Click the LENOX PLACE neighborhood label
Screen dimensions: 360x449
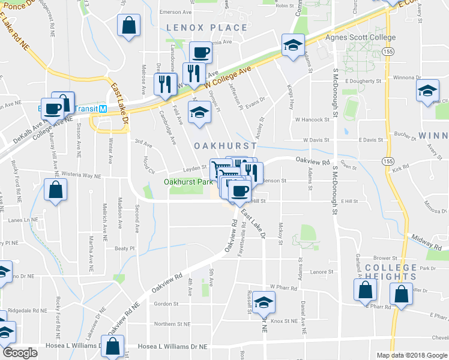tap(206, 28)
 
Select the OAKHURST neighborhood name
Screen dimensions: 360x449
tap(225, 146)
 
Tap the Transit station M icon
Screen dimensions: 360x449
tap(103, 109)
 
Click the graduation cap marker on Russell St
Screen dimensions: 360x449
tap(263, 302)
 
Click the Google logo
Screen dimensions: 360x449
tap(20, 353)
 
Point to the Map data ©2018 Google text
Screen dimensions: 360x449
tap(411, 355)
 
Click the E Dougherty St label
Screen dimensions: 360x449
tap(363, 80)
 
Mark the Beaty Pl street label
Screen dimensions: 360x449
tap(125, 248)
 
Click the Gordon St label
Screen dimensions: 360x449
tap(163, 304)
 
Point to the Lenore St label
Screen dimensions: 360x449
tap(322, 272)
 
